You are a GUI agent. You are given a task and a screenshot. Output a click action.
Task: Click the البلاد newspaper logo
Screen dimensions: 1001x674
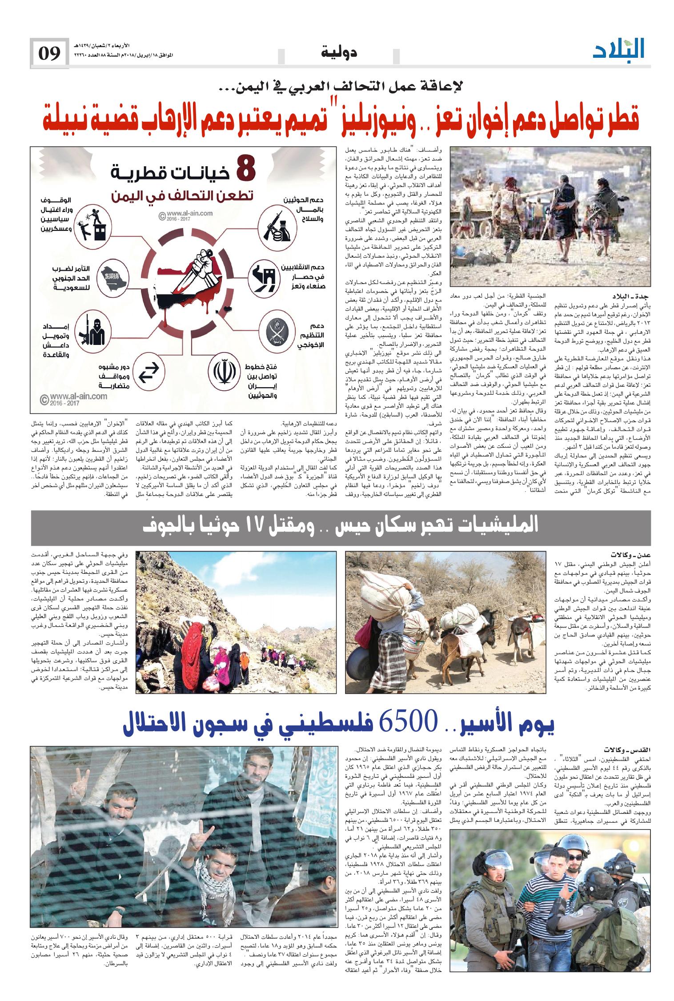pos(618,49)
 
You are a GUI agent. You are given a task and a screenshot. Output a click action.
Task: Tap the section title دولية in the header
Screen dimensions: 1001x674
pos(338,53)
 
